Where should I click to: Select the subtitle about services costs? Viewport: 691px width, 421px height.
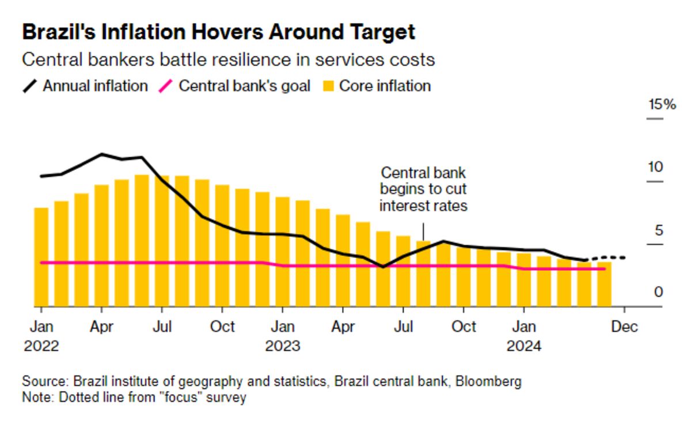coord(227,60)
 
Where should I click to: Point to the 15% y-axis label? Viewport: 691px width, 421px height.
coord(662,105)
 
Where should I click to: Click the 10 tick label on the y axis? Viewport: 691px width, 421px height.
coord(656,168)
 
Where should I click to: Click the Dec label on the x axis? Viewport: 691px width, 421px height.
coord(625,327)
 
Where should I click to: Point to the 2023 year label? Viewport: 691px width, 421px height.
coord(282,346)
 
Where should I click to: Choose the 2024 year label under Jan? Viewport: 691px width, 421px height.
coord(523,346)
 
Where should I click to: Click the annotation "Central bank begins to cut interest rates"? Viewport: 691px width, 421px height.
coord(423,189)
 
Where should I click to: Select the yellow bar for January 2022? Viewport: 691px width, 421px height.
coord(41,256)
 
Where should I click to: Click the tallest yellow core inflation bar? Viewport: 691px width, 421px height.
coord(142,240)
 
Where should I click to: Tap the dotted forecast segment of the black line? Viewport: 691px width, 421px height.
coord(608,257)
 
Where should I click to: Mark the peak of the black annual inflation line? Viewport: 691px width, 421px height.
coord(102,154)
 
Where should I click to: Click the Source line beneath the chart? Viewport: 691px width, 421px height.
coord(272,381)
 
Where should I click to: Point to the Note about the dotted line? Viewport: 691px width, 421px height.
coord(134,397)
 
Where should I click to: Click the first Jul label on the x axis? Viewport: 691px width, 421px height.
coord(162,327)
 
